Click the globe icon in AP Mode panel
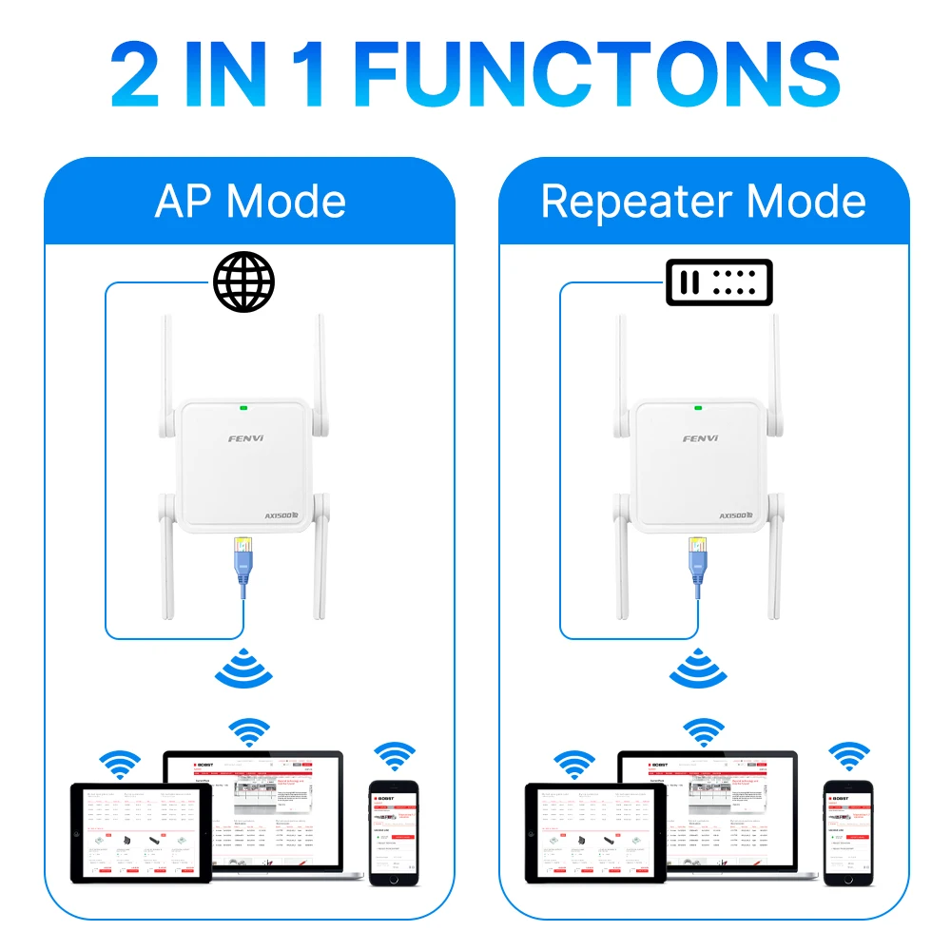coord(243,281)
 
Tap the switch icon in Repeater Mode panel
coord(718,282)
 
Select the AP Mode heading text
coord(250,202)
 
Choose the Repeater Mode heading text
coord(704,202)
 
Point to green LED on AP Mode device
coord(243,409)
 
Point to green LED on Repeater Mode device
coord(698,408)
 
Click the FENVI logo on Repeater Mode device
coord(700,438)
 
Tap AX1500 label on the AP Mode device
coord(283,515)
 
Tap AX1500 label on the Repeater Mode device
coord(737,514)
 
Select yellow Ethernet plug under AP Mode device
coord(243,550)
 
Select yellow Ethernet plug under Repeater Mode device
coord(697,549)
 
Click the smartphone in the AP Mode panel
coord(393,833)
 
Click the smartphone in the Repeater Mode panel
coord(847,833)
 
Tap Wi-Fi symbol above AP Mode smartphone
coord(394,755)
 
